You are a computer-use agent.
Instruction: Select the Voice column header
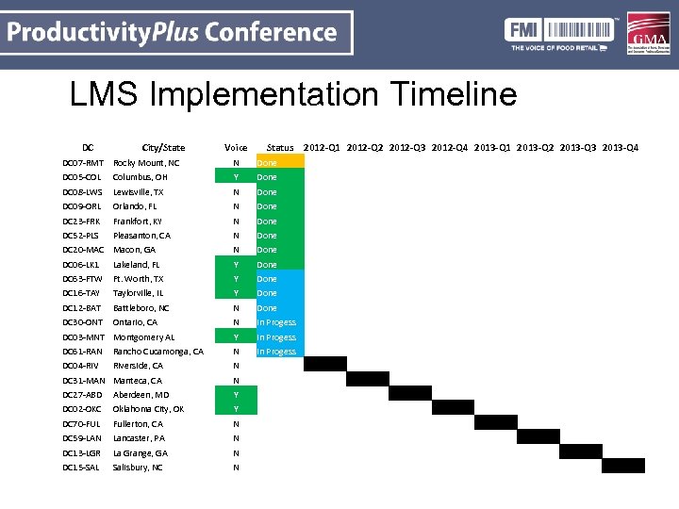pyautogui.click(x=236, y=147)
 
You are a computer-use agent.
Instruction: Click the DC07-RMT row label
pyautogui.click(x=82, y=163)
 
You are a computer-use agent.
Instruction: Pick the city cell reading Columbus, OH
pyautogui.click(x=140, y=177)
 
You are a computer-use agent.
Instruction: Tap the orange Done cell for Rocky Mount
pyautogui.click(x=280, y=163)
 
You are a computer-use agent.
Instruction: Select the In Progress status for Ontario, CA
pyautogui.click(x=280, y=322)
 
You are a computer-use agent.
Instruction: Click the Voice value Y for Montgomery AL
pyautogui.click(x=236, y=337)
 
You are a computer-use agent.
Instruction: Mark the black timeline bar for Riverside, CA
pyautogui.click(x=324, y=365)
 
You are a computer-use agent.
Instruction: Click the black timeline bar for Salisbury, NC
pyautogui.click(x=622, y=466)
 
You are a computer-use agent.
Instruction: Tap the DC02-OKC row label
pyautogui.click(x=82, y=409)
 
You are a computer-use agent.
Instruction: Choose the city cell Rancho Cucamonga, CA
pyautogui.click(x=157, y=352)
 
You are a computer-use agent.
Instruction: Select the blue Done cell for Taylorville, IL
pyautogui.click(x=280, y=293)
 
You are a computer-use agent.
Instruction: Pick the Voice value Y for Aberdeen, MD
pyautogui.click(x=236, y=395)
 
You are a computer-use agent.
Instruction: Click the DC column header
pyautogui.click(x=88, y=147)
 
